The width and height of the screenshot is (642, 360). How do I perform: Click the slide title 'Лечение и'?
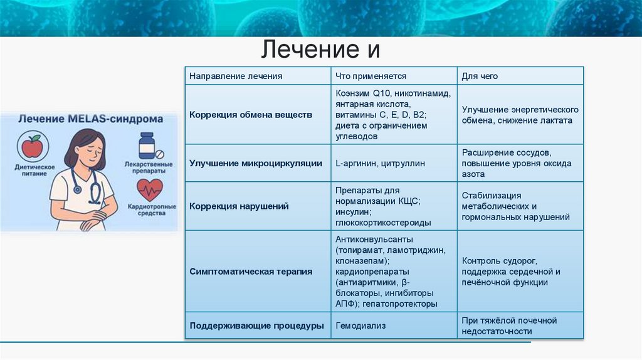click(x=320, y=50)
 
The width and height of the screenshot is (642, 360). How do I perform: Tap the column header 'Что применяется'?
click(x=371, y=76)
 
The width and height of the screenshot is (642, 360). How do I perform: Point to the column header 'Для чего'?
click(x=480, y=76)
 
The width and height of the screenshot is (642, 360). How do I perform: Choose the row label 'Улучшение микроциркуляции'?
click(x=255, y=163)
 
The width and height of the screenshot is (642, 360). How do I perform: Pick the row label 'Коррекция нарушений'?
click(x=239, y=206)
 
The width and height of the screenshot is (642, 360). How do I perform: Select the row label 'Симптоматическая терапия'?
click(x=250, y=272)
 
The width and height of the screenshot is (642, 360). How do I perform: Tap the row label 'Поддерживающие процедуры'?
click(x=256, y=326)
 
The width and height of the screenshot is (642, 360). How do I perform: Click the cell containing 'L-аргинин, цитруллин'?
click(x=380, y=163)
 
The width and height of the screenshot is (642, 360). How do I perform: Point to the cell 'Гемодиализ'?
click(x=360, y=326)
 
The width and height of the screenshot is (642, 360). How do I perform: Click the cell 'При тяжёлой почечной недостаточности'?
click(x=509, y=326)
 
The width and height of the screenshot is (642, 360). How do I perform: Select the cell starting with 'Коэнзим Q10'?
click(x=392, y=115)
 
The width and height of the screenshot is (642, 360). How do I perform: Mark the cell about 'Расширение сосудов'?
click(x=517, y=163)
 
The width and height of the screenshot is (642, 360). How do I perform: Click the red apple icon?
click(x=32, y=147)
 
